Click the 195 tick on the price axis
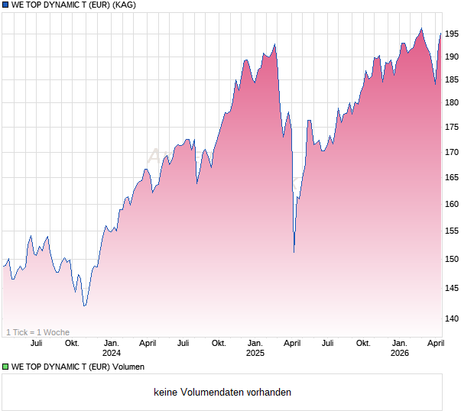point(453,34)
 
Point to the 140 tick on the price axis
point(453,318)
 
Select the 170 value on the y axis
point(453,152)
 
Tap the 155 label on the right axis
point(453,231)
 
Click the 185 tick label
point(453,79)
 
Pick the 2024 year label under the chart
point(112,353)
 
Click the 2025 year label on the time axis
point(255,353)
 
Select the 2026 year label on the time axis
point(400,353)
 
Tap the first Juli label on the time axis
point(35,343)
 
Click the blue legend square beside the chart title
point(5,5)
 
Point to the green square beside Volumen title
point(5,367)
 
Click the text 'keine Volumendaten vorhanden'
point(222,393)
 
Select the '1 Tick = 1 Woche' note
point(38,332)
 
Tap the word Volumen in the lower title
point(128,367)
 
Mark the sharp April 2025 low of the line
point(294,252)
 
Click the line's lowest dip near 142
point(84,305)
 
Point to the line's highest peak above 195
point(421,28)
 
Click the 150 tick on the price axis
point(453,259)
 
